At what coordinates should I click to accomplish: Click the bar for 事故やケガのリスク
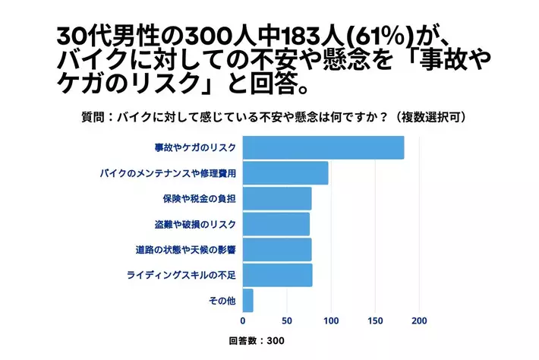click(323, 147)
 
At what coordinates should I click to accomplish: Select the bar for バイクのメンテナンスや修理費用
click(285, 173)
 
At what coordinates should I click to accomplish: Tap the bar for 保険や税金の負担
click(277, 198)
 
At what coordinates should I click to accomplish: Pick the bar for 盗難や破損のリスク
click(276, 224)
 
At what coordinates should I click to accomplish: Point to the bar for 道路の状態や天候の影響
click(277, 249)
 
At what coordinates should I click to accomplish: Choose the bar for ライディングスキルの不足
click(278, 275)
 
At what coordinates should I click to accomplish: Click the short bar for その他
click(248, 301)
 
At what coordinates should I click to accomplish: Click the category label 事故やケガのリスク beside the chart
click(195, 147)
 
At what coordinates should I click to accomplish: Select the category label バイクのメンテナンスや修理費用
click(168, 173)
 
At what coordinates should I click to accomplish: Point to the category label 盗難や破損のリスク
click(195, 224)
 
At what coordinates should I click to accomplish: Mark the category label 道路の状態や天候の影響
click(186, 249)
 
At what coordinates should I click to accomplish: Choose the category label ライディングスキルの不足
click(181, 275)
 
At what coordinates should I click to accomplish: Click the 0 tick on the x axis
click(243, 321)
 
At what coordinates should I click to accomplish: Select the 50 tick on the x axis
click(287, 321)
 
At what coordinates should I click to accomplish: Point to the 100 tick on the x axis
click(331, 321)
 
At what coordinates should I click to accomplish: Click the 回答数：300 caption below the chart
click(257, 341)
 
